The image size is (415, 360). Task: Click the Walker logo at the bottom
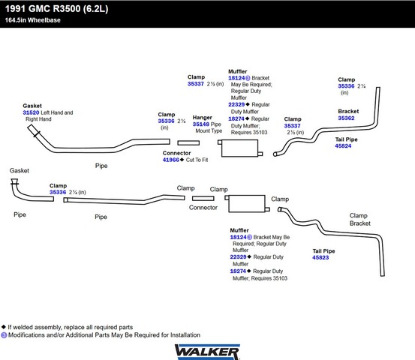(207, 352)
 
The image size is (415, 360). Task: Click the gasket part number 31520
(31, 112)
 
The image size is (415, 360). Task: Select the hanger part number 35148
(201, 124)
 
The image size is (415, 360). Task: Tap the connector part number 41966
(171, 160)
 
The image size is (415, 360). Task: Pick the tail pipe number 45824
(343, 146)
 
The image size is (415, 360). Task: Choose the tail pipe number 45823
(320, 258)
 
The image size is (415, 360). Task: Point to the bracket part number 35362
(346, 118)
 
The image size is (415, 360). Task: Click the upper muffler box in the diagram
(240, 148)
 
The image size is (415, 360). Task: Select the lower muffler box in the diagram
(247, 204)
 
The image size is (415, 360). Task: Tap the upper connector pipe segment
(188, 142)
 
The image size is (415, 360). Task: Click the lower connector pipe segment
(203, 199)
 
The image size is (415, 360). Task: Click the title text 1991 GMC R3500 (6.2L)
(56, 9)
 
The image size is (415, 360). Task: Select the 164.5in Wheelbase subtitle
(32, 20)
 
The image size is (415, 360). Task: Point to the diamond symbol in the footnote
(4, 327)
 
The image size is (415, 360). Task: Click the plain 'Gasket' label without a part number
(20, 170)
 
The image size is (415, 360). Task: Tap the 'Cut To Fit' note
(197, 160)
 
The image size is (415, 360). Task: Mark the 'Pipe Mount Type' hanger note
(209, 127)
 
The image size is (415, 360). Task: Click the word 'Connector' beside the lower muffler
(203, 208)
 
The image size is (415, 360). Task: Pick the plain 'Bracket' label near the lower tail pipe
(360, 223)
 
